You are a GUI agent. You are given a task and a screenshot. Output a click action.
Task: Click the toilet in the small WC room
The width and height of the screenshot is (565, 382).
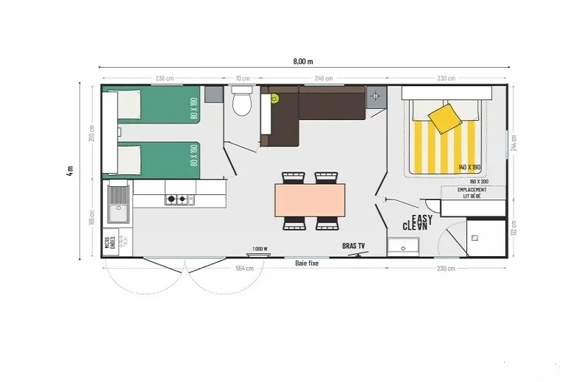point(241,104)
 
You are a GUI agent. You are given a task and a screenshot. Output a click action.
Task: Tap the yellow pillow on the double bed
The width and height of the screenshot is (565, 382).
point(444,118)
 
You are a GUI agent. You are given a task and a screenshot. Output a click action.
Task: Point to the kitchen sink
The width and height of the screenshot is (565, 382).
point(117,203)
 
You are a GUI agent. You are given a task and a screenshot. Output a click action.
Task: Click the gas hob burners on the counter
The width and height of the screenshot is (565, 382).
point(178,199)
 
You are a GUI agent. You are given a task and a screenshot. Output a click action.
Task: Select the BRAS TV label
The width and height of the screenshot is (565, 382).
point(355,245)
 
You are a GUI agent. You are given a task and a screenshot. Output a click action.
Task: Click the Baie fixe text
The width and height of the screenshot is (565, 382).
point(307,263)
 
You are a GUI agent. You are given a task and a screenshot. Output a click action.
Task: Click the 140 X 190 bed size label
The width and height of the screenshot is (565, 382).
point(468,168)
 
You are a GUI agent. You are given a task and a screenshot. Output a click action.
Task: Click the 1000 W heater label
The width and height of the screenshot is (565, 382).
point(260,249)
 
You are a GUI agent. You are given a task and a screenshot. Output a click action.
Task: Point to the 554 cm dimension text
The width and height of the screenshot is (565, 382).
point(244,269)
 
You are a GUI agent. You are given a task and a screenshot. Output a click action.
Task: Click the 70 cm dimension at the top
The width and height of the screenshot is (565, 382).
point(240,78)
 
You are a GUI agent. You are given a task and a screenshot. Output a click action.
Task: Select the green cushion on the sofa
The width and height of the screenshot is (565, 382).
point(274,98)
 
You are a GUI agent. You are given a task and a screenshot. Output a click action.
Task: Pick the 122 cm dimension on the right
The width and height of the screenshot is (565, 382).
point(513,229)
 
